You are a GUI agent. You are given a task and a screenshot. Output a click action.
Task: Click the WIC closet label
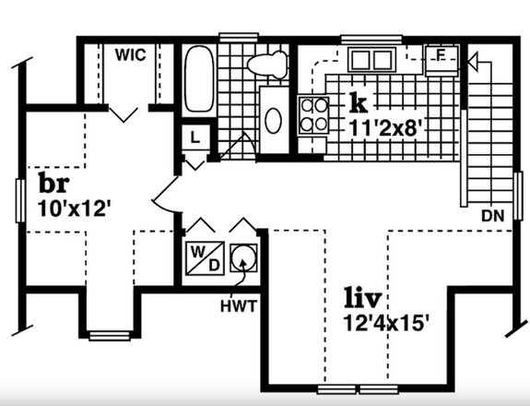point(131,54)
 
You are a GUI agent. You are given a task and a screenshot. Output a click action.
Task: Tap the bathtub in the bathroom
point(199,78)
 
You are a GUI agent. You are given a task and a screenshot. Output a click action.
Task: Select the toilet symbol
point(267,64)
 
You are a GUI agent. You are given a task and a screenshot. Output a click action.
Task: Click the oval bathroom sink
point(274,121)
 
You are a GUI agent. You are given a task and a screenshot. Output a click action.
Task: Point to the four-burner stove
point(313,115)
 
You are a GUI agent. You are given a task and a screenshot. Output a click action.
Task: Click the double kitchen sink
point(371,60)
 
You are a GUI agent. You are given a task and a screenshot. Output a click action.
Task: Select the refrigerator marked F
point(442,61)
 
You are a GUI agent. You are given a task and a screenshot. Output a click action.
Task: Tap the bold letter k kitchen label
point(359,102)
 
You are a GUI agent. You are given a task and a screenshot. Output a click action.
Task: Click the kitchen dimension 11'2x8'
point(385,128)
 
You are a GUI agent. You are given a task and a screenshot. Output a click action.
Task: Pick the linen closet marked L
point(195,137)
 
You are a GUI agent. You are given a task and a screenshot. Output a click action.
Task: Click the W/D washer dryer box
point(205,257)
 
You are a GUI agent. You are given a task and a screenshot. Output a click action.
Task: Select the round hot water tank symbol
point(243,257)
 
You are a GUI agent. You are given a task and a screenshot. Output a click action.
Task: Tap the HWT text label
point(239,306)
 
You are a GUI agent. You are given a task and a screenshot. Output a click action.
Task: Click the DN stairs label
point(493,216)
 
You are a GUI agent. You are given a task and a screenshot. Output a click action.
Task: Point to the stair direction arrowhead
point(473,62)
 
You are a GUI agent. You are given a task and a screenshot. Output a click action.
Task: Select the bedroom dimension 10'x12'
point(75,209)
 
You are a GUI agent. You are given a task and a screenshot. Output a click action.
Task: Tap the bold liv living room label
point(363,297)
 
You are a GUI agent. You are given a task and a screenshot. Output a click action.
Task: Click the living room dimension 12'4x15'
point(386,323)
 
